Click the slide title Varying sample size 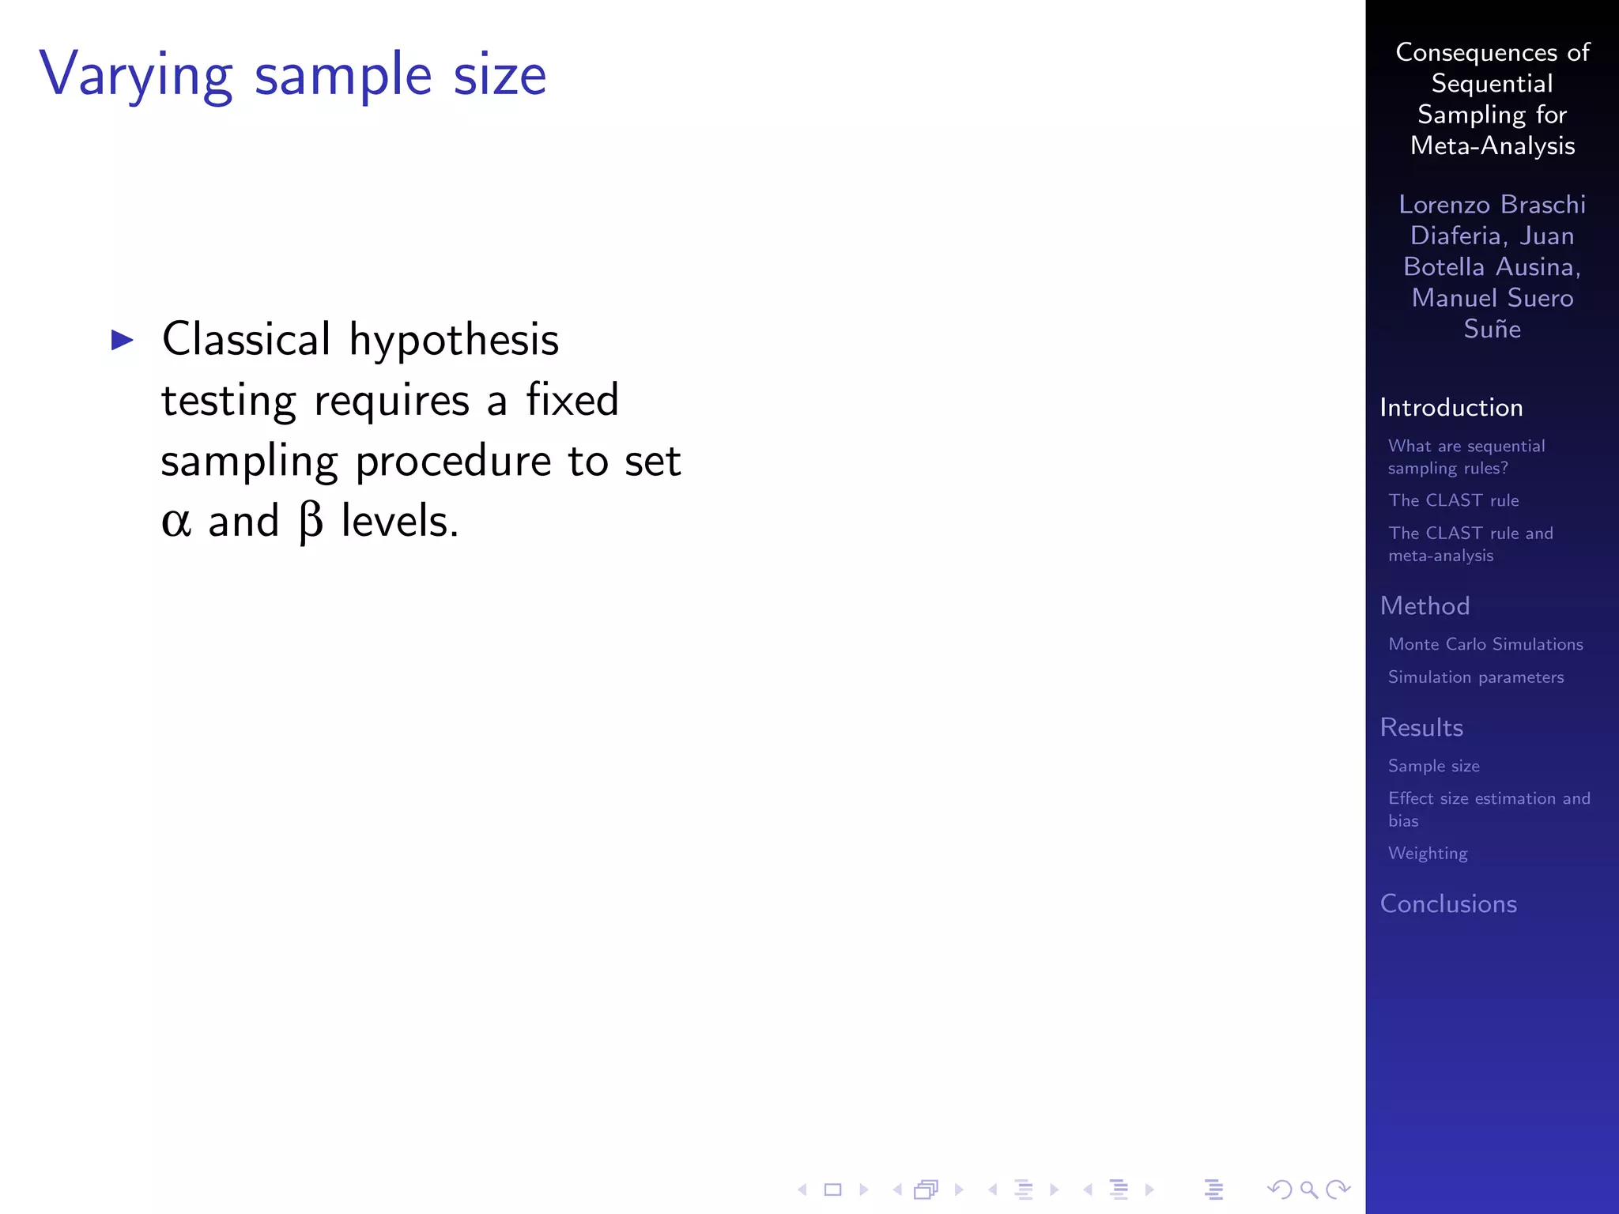click(x=292, y=76)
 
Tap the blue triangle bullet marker click(x=123, y=341)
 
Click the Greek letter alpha click(x=175, y=522)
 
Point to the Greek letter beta click(x=311, y=522)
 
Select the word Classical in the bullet click(x=246, y=340)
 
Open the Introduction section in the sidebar click(x=1451, y=407)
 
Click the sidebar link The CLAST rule click(x=1453, y=500)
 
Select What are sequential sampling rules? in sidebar click(x=1466, y=457)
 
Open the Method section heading click(x=1425, y=605)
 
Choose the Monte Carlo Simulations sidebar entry click(x=1485, y=644)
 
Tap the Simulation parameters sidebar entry click(x=1476, y=677)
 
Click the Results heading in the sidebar click(x=1421, y=727)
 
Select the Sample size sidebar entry click(x=1433, y=766)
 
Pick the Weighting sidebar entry click(x=1428, y=854)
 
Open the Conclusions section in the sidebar click(x=1448, y=903)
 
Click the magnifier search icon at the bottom click(x=1308, y=1189)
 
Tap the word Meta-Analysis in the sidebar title click(x=1493, y=146)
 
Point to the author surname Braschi click(x=1542, y=205)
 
